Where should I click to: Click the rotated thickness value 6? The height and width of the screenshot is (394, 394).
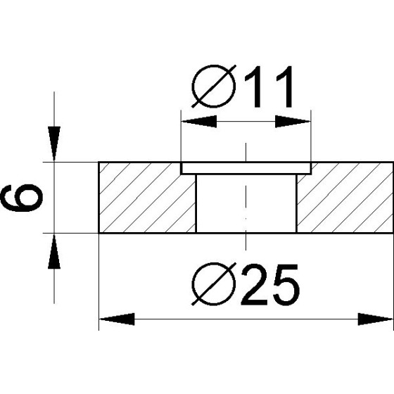click(22, 198)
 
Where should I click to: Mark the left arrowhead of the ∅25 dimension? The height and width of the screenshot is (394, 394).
click(116, 320)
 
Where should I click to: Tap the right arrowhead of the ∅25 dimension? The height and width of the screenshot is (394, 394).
click(376, 320)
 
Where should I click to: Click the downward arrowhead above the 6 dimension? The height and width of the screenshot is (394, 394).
click(54, 145)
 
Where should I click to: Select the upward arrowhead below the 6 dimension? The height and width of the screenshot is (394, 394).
click(54, 250)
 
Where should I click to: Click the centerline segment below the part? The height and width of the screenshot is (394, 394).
click(246, 241)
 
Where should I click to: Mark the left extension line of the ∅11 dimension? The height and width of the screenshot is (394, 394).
click(182, 137)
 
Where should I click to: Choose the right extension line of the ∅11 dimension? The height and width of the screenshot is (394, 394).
click(310, 137)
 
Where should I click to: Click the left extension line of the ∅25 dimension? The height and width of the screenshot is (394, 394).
click(99, 281)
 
